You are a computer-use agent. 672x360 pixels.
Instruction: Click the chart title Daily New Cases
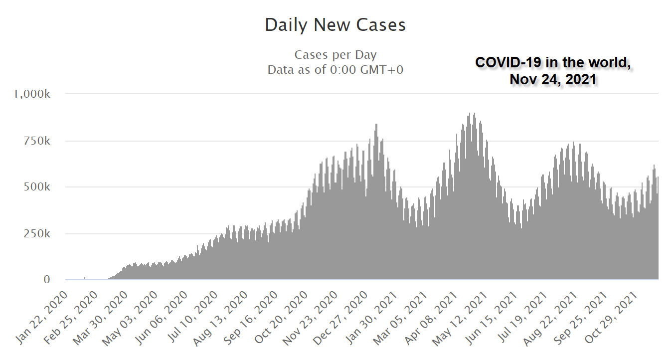click(335, 25)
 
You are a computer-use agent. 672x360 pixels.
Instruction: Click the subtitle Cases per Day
click(335, 55)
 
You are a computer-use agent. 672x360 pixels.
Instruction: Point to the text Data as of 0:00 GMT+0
click(335, 70)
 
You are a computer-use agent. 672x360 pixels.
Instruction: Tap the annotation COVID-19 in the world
click(556, 63)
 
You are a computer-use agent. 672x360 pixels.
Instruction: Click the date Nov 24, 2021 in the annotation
click(553, 79)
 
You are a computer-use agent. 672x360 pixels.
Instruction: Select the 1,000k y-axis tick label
click(31, 94)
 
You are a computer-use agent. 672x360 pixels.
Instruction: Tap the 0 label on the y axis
click(46, 280)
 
